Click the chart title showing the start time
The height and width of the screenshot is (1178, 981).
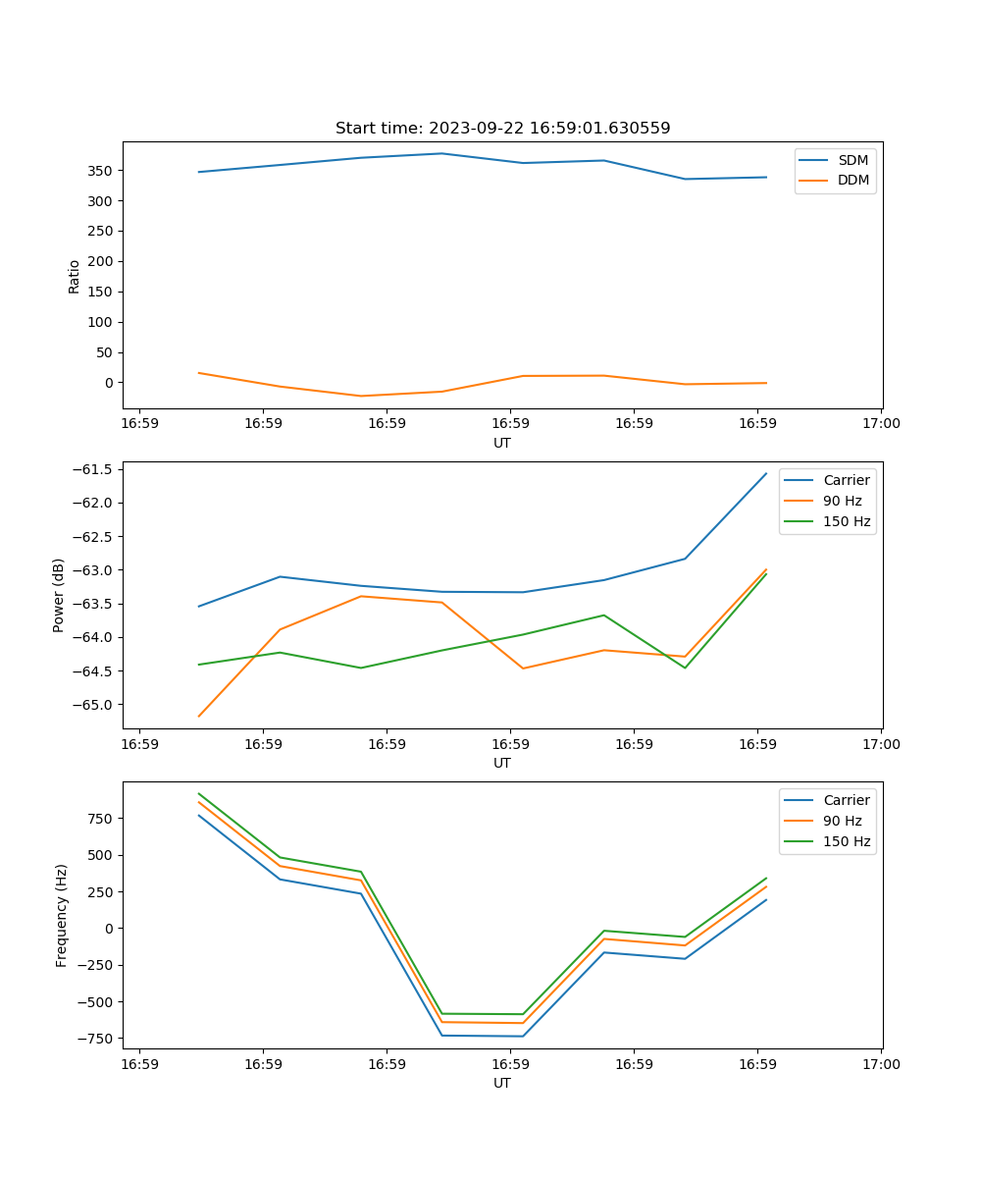point(502,129)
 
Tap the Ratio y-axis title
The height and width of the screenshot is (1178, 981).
point(75,276)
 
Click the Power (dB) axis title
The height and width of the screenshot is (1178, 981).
point(59,595)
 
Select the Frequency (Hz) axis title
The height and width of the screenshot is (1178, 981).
point(62,915)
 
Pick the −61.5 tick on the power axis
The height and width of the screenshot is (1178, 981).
point(93,469)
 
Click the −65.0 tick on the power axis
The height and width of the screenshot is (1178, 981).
point(93,705)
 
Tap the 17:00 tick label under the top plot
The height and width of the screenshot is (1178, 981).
point(881,425)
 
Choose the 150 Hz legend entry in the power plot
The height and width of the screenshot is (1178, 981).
point(847,522)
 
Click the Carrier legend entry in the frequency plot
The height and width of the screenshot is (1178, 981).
point(846,800)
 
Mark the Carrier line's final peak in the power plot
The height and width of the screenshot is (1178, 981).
point(766,473)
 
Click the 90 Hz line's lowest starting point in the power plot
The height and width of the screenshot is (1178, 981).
point(199,717)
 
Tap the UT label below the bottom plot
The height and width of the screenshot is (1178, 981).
point(502,1083)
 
